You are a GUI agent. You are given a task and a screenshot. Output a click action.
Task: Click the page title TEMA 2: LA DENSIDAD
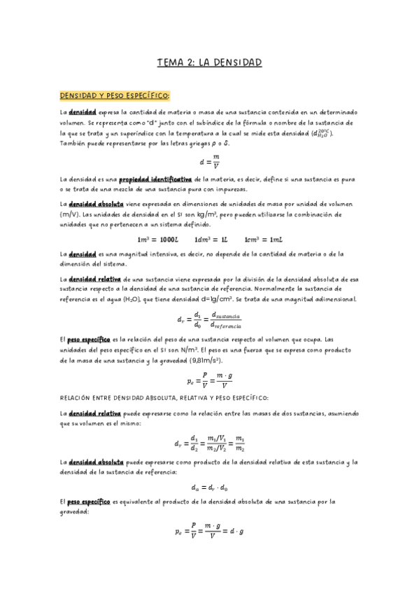tap(209, 63)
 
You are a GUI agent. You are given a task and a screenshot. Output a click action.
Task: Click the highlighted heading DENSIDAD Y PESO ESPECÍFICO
tap(115, 95)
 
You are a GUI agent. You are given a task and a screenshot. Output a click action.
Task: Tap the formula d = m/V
tap(209, 162)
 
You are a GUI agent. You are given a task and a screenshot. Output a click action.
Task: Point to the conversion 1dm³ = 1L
tap(211, 240)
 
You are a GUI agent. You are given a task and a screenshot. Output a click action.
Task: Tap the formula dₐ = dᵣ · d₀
tap(209, 488)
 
